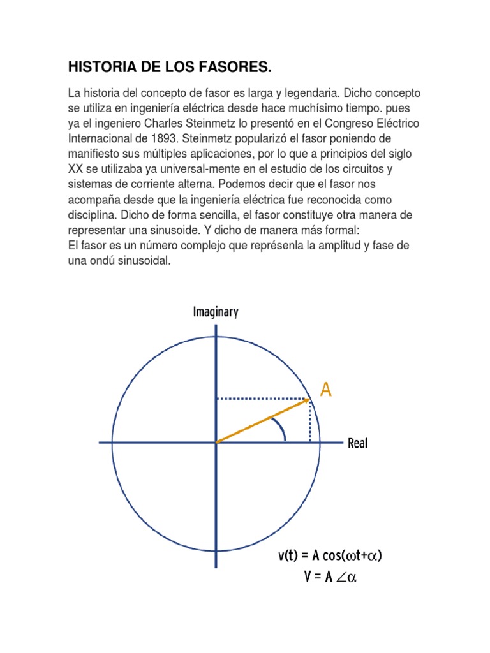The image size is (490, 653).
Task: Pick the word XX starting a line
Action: pos(75,168)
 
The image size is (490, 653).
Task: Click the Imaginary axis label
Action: pos(216,312)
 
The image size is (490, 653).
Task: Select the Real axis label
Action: pos(358,443)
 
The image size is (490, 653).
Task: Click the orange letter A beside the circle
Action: pos(325,389)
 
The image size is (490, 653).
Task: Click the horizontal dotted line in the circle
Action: pos(262,399)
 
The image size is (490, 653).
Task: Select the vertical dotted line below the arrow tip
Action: pos(311,421)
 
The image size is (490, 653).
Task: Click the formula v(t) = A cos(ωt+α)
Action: pos(329,555)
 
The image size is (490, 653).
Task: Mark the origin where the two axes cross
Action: pos(216,441)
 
